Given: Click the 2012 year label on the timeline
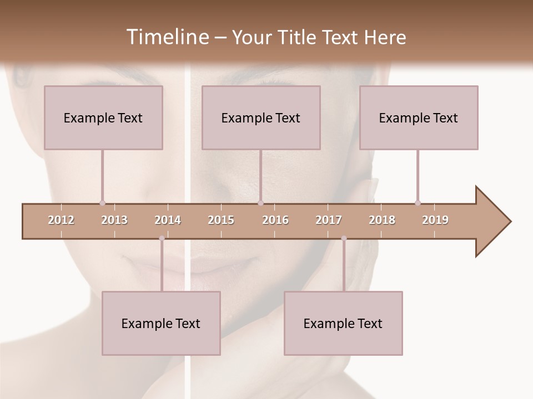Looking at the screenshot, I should pos(61,220).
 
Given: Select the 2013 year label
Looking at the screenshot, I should pos(114,220).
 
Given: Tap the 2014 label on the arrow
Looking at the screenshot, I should pos(168,220).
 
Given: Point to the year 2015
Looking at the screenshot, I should pos(221,220).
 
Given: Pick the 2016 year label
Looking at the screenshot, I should pos(275,220).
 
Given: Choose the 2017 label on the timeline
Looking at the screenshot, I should pos(329,220).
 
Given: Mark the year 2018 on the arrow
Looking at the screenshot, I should pos(382,220).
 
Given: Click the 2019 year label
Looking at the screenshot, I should pos(435,220).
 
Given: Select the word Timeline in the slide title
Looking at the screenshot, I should pos(167,37).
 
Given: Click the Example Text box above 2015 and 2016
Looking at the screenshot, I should pos(261,117).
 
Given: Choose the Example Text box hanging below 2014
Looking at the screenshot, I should pos(161,323).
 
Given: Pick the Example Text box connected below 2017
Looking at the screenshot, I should pos(343,323).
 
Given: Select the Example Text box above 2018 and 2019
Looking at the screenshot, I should pos(419,117).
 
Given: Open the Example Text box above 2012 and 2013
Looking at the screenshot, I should pos(103,117).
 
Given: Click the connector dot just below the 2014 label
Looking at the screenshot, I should pos(162,238).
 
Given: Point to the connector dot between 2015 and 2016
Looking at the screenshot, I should pos(260,203).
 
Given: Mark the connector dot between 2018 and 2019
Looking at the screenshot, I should pos(418,203).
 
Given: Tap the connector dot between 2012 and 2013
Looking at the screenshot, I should pos(102,203).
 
